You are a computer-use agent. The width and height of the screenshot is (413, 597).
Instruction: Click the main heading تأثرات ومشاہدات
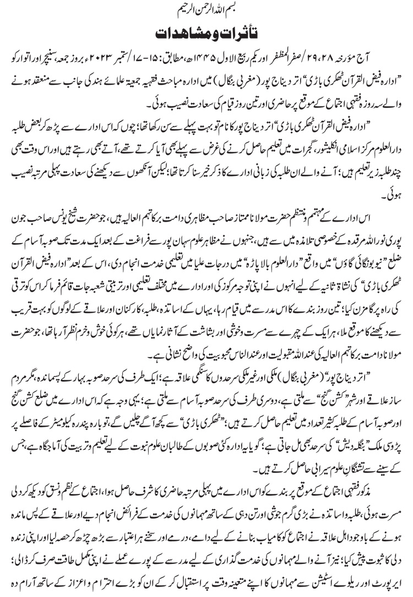206,33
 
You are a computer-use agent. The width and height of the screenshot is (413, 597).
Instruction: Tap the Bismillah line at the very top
206,10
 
